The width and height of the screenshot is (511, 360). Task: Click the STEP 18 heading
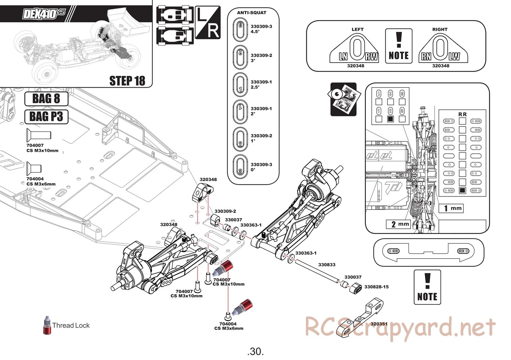coord(127,81)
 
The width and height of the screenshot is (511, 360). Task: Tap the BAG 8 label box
coord(46,99)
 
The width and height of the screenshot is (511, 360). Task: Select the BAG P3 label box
coord(46,116)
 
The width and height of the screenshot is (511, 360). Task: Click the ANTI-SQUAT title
coord(251,13)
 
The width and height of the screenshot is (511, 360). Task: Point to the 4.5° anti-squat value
coord(255,31)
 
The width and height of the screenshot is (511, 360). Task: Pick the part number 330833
coord(327,264)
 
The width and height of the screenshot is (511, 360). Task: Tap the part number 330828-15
coord(376,287)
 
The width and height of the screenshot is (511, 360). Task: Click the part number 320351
coord(379,324)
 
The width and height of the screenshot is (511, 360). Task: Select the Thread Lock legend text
coord(71,325)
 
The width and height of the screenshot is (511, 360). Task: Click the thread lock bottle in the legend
coord(47,325)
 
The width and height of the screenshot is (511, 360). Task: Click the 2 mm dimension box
coord(398,224)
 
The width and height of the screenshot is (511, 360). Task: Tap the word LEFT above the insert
coord(357,29)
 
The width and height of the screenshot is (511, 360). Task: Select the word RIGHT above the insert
coord(440,29)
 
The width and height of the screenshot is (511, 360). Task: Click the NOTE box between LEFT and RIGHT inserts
coord(399,46)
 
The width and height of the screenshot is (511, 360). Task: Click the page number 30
coord(255,351)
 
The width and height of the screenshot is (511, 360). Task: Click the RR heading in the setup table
coord(462,114)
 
